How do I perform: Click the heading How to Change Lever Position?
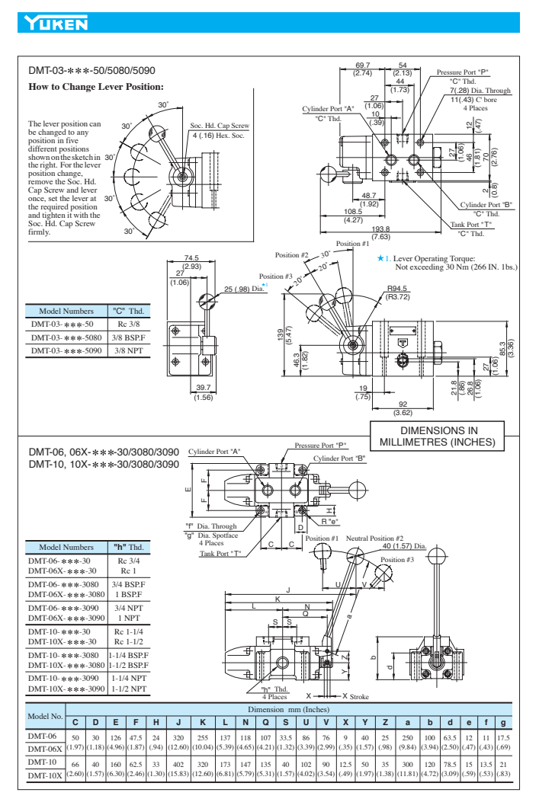[96, 87]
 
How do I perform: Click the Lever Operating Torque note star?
[380, 259]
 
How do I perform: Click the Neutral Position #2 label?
[374, 538]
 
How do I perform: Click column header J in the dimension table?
[178, 721]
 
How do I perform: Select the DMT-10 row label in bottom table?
[43, 761]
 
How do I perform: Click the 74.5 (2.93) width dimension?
[191, 262]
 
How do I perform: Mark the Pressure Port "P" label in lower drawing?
[320, 446]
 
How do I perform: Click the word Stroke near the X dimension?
[359, 696]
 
